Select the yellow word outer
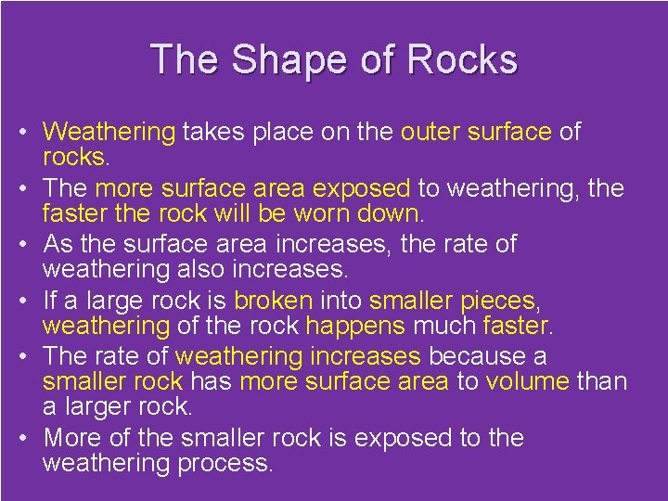[x=430, y=133]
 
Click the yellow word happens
[x=355, y=326]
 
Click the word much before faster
[x=444, y=326]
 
